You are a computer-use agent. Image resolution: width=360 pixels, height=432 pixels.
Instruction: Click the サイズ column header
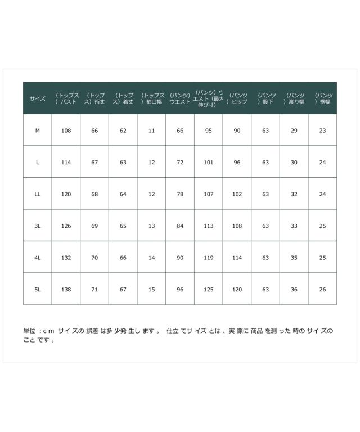click(38, 98)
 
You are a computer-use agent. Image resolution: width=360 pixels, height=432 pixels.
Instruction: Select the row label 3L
click(38, 226)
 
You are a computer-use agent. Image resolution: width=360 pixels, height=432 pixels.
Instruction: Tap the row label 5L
click(38, 289)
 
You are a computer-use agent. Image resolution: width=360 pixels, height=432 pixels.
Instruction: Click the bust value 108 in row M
click(66, 130)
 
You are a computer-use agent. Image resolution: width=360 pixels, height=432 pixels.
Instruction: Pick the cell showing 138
click(66, 289)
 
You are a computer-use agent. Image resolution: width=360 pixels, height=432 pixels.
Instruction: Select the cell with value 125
click(209, 289)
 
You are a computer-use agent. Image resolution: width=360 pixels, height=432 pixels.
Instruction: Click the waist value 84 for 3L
click(180, 226)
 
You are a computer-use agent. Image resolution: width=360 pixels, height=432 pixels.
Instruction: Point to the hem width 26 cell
click(322, 289)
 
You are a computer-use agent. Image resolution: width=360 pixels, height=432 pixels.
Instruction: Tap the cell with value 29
click(294, 130)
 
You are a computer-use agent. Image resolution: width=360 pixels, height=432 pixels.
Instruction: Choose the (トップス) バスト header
click(66, 98)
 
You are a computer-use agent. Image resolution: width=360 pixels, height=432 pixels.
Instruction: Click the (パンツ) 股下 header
click(265, 98)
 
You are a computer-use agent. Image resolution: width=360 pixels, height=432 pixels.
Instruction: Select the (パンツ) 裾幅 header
click(323, 98)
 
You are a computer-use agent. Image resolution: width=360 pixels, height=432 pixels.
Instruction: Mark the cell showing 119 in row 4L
click(209, 258)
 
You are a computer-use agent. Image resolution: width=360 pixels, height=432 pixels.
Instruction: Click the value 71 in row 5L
click(94, 289)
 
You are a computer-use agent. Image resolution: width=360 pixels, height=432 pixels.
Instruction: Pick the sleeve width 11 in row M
click(151, 130)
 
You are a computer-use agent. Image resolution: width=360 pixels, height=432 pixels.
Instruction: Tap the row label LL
click(38, 194)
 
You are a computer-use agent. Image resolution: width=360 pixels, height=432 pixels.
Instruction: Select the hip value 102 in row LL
click(237, 194)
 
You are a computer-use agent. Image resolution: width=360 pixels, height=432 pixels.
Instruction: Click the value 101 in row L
click(209, 163)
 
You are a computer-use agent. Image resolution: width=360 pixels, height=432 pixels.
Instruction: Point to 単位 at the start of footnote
click(29, 331)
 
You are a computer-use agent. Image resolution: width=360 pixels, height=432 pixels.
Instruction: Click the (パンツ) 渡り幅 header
click(294, 98)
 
